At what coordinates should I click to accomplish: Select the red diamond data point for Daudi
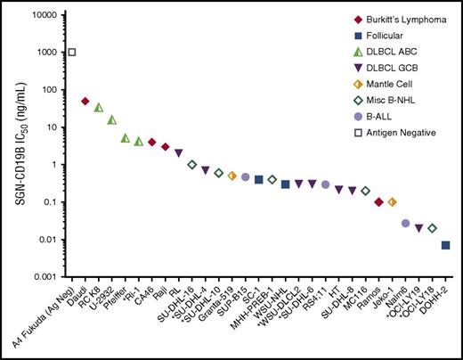tap(85, 102)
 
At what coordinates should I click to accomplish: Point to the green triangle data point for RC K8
tap(99, 108)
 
